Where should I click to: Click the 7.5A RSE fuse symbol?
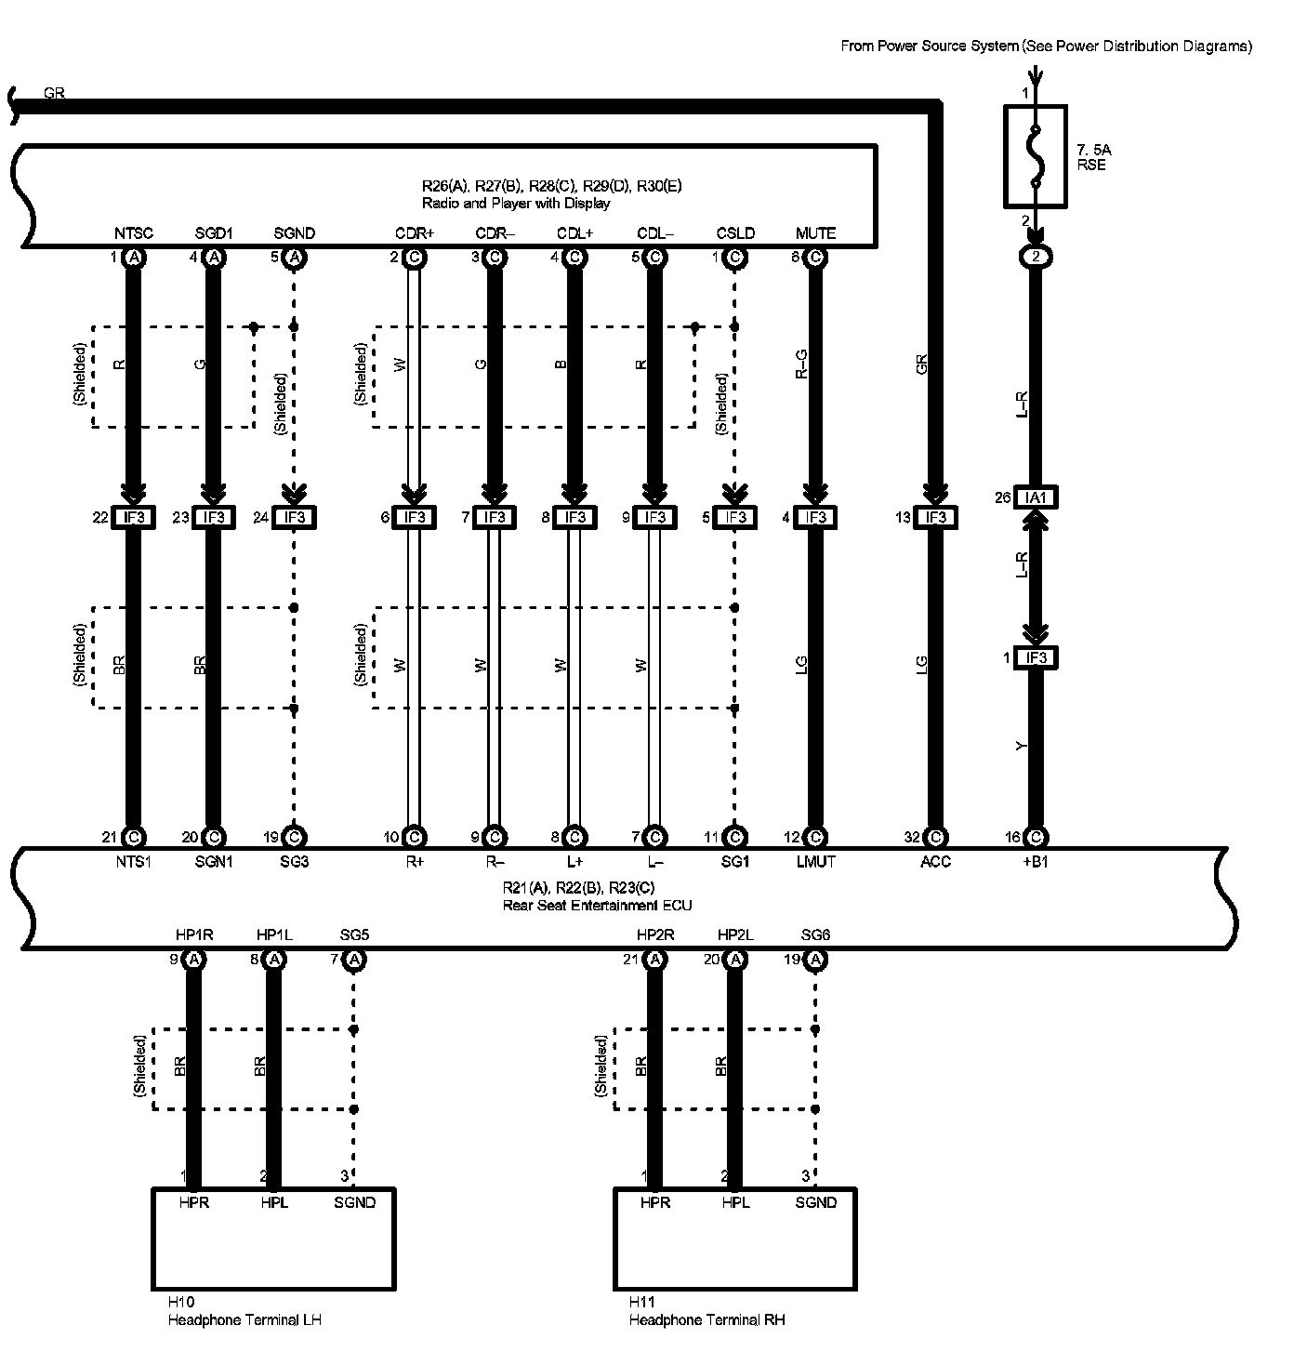coord(1036,156)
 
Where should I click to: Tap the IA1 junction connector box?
coord(1036,498)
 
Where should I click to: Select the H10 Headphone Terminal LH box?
coord(273,1238)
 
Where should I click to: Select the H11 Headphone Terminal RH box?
coord(734,1238)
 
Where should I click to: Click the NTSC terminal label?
coord(134,233)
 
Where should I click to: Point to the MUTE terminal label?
coord(815,233)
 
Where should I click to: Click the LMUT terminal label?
coord(815,862)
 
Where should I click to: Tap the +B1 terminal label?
coord(1035,862)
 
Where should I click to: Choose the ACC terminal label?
coord(935,862)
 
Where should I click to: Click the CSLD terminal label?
coord(735,233)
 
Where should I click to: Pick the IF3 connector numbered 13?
coord(935,517)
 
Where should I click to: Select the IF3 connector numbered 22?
coord(134,517)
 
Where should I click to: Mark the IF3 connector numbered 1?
coord(1036,658)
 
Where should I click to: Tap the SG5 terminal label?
coord(354,934)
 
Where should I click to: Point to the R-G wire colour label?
coord(801,364)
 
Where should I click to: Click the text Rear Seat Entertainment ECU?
coord(597,905)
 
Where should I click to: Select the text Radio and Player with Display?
coord(516,203)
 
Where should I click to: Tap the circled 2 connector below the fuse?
coord(1036,258)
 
